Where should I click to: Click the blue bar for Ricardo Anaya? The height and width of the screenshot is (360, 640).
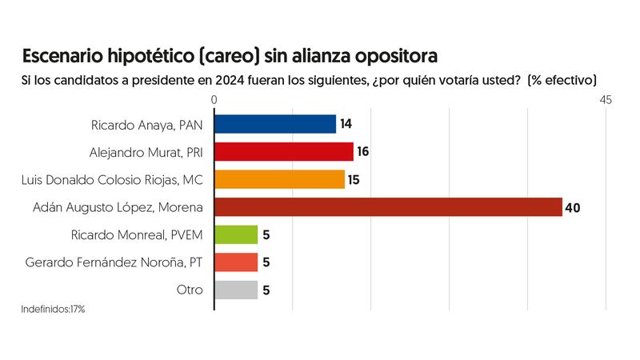tap(275, 124)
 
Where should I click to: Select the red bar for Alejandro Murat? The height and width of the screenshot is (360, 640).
tap(284, 152)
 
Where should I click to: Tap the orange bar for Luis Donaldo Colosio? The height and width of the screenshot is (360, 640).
tap(280, 179)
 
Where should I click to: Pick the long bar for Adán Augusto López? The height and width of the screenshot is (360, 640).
tap(388, 207)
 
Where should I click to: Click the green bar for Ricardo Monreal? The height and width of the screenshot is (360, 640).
tap(237, 235)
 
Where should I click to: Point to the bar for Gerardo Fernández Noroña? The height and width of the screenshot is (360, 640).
tap(237, 262)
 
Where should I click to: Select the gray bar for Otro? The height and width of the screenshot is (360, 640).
tap(237, 290)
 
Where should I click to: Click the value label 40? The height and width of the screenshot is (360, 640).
tap(572, 208)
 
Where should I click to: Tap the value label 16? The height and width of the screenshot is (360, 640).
tap(363, 152)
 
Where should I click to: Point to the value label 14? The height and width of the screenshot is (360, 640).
tap(346, 124)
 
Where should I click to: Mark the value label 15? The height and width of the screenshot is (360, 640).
tap(354, 180)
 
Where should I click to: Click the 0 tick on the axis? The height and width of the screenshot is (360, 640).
tap(214, 100)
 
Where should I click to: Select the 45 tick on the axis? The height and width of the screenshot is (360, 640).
tap(605, 100)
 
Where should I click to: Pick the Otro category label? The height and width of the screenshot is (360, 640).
tap(190, 290)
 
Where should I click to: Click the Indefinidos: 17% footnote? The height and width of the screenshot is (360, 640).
tap(53, 309)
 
